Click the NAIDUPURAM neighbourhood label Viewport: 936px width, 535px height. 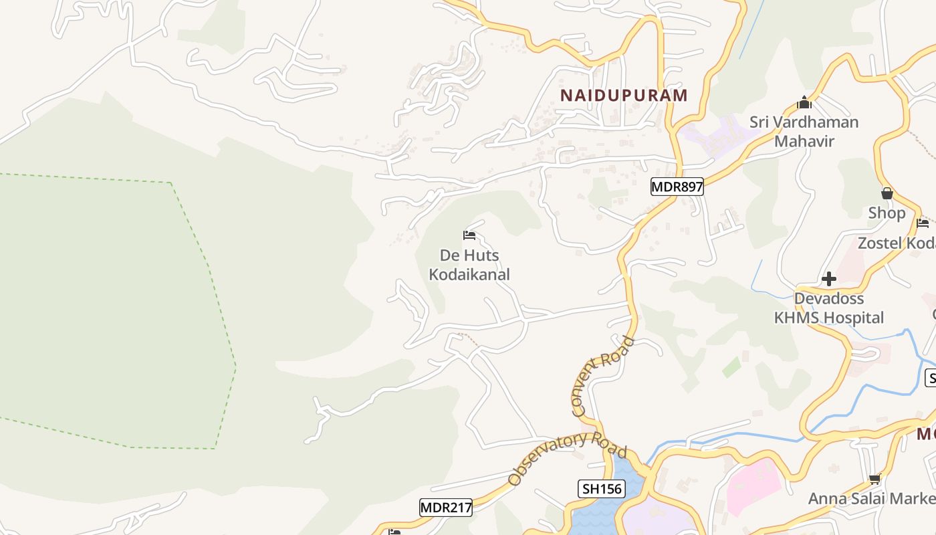click(624, 95)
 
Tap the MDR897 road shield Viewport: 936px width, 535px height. click(677, 187)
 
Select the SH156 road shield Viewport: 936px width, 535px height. click(602, 489)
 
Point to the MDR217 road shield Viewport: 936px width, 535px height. click(446, 508)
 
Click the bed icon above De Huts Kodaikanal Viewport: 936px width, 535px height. click(469, 235)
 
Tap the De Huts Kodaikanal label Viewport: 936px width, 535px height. click(469, 265)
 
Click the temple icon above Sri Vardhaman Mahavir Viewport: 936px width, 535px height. click(804, 102)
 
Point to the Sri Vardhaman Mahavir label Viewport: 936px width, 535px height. click(804, 132)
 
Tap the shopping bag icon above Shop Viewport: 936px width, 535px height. click(887, 193)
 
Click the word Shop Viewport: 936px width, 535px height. click(887, 213)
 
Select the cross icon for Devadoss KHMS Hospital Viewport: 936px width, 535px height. click(829, 278)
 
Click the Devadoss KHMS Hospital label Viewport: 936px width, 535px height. click(829, 308)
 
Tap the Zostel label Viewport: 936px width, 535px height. click(896, 243)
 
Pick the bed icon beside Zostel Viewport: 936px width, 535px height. click(923, 223)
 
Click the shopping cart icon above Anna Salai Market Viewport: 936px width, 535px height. click(874, 478)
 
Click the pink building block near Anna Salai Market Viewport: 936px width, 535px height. click(752, 485)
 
